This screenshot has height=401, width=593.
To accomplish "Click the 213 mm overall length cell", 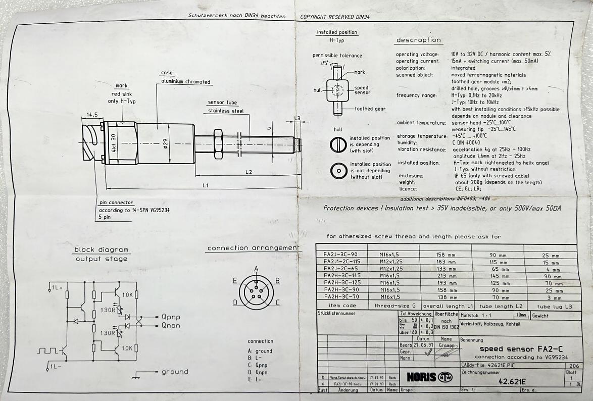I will pos(447,276).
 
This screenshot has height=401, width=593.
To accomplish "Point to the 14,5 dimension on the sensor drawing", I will pos(92,115).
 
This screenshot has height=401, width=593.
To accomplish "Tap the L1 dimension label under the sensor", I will pos(206,185).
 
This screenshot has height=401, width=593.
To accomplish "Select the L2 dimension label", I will pos(249,172).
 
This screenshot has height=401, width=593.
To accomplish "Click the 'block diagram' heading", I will pos(102,249).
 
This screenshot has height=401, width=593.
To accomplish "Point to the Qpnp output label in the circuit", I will pos(171,317).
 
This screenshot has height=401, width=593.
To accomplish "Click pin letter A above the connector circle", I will pos(256,268).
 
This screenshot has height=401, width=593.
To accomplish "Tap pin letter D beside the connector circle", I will pos(235,303).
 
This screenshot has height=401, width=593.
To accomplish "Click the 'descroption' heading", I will pos(418,40).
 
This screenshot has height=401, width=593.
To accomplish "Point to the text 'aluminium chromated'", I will pos(185,82).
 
